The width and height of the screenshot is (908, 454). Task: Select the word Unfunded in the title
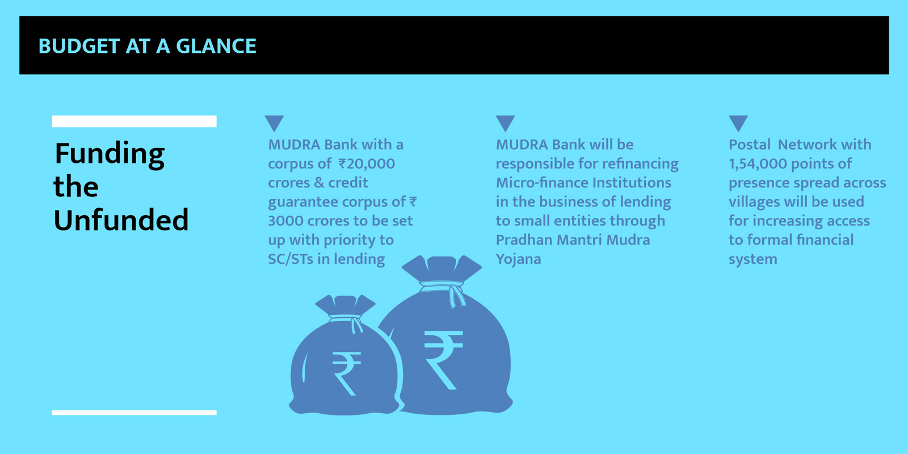pos(121,220)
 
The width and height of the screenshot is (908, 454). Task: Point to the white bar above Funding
pos(134,121)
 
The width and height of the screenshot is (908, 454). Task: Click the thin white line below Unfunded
pos(134,413)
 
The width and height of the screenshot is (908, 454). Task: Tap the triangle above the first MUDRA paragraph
pos(275,123)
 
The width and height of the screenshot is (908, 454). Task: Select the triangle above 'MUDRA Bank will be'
pos(506,123)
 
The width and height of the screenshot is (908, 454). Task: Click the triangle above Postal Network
pos(738,123)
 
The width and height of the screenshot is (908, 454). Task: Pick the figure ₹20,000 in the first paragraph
pos(367,164)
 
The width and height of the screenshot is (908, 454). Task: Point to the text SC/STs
pos(291,259)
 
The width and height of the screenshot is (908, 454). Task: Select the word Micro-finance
pos(542,183)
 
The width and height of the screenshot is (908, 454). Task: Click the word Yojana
pos(519,259)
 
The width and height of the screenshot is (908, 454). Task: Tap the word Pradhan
pos(524,240)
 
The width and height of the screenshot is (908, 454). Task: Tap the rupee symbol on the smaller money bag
pos(346,373)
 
